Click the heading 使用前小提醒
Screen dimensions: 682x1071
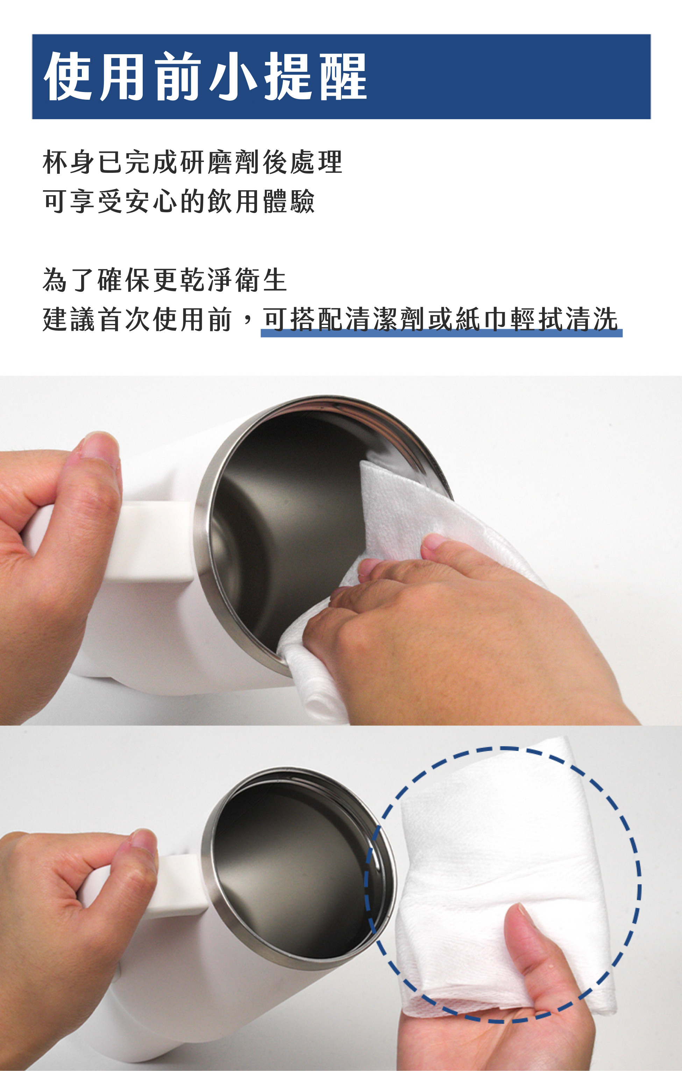[205, 76]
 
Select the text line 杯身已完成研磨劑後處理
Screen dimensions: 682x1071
[192, 162]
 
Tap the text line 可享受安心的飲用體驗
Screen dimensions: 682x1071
[179, 201]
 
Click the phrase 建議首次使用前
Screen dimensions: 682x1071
[137, 319]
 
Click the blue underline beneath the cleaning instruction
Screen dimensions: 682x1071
[441, 333]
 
